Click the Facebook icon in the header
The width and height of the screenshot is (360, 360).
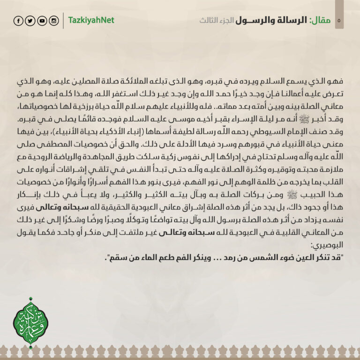[x=18, y=21]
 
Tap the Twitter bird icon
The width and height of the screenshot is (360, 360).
[x=30, y=21]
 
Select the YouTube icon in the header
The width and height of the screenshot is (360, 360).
[x=42, y=21]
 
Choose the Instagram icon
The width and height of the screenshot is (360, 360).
[x=54, y=21]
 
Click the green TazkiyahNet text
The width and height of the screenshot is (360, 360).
[x=91, y=21]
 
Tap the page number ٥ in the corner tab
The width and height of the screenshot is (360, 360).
[x=338, y=21]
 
